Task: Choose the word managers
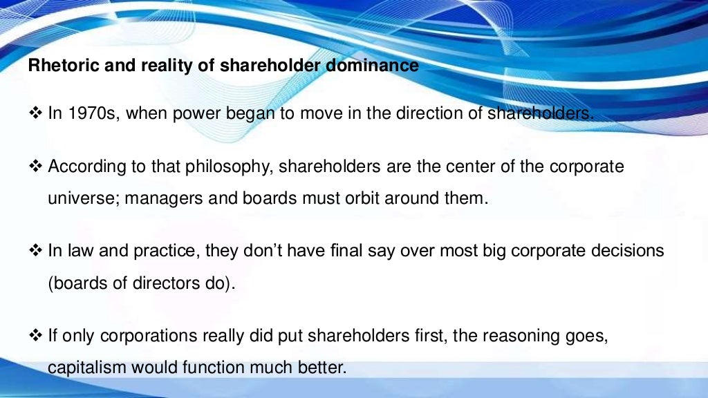click(154, 200)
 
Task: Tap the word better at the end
click(322, 368)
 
